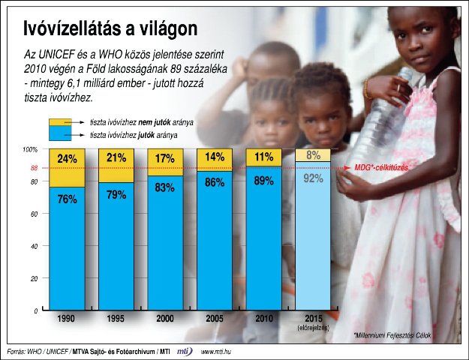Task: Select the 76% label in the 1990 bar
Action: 67,199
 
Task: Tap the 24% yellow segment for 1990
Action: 67,159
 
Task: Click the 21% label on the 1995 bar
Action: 116,157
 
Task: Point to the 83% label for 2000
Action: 165,188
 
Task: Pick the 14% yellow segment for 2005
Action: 215,157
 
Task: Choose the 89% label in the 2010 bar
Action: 263,180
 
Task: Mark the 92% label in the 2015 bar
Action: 313,178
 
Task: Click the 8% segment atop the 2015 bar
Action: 313,155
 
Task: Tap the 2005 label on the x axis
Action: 215,319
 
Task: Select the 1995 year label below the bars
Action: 116,319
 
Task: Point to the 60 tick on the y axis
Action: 34,214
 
